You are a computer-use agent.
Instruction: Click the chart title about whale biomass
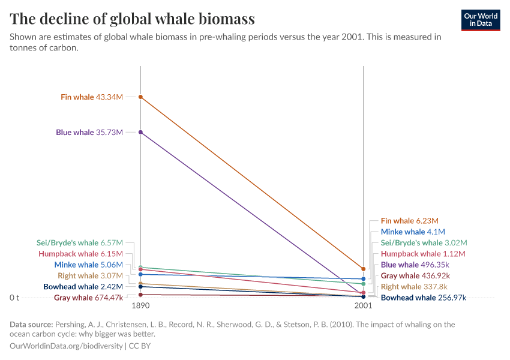(133, 19)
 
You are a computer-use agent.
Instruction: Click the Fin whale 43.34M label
(92, 97)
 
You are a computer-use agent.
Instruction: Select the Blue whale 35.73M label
(89, 132)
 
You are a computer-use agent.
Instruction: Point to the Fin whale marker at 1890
(140, 97)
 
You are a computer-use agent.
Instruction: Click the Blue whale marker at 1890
(140, 132)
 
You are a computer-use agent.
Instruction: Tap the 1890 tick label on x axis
(140, 305)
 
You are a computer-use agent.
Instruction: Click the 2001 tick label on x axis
(363, 305)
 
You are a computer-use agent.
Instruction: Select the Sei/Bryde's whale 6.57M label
(80, 243)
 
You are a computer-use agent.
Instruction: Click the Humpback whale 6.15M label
(80, 254)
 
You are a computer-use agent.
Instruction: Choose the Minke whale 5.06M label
(88, 265)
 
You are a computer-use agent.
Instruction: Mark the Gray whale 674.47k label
(88, 298)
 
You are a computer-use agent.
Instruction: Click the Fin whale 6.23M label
(409, 221)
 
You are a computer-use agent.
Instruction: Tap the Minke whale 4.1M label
(413, 232)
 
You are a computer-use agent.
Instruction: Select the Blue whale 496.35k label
(415, 265)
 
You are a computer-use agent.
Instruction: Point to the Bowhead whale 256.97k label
(424, 298)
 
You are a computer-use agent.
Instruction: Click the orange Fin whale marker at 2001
(363, 269)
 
